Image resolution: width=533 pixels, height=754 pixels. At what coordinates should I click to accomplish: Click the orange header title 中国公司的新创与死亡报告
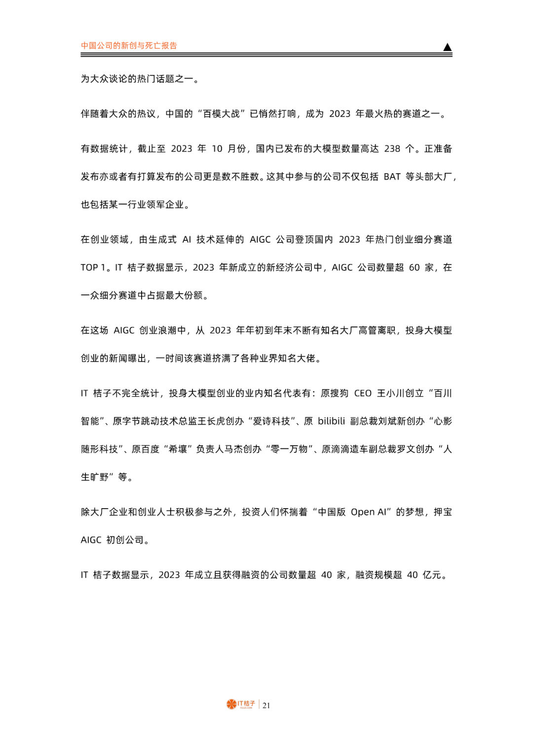pyautogui.click(x=129, y=45)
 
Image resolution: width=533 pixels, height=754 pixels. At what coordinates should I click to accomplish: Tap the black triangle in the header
pyautogui.click(x=447, y=47)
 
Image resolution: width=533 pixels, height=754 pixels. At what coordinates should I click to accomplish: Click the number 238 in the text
pyautogui.click(x=392, y=149)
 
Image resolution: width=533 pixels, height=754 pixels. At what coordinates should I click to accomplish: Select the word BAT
pyautogui.click(x=392, y=177)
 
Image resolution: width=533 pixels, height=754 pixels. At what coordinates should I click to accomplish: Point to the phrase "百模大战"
pyautogui.click(x=221, y=114)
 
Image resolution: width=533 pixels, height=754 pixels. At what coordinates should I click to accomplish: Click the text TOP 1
pyautogui.click(x=93, y=268)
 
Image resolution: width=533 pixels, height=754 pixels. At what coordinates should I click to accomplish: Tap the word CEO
pyautogui.click(x=363, y=394)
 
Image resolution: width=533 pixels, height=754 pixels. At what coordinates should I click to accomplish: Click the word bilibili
pyautogui.click(x=331, y=421)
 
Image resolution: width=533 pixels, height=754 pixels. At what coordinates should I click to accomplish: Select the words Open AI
pyautogui.click(x=369, y=512)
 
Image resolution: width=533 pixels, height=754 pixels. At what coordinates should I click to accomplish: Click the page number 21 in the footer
pyautogui.click(x=266, y=706)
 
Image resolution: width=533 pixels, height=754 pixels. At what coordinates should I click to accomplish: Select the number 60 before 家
pyautogui.click(x=414, y=268)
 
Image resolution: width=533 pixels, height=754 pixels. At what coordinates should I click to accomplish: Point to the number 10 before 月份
pyautogui.click(x=217, y=149)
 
